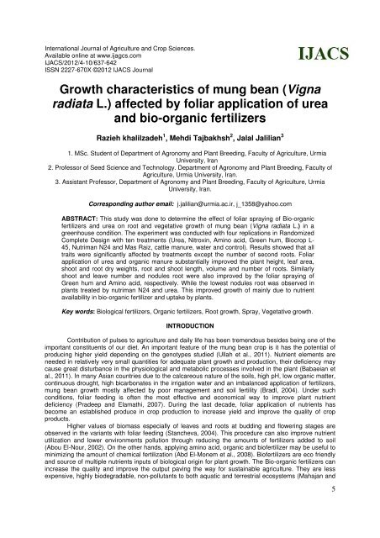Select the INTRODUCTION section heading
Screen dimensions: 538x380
189,329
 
